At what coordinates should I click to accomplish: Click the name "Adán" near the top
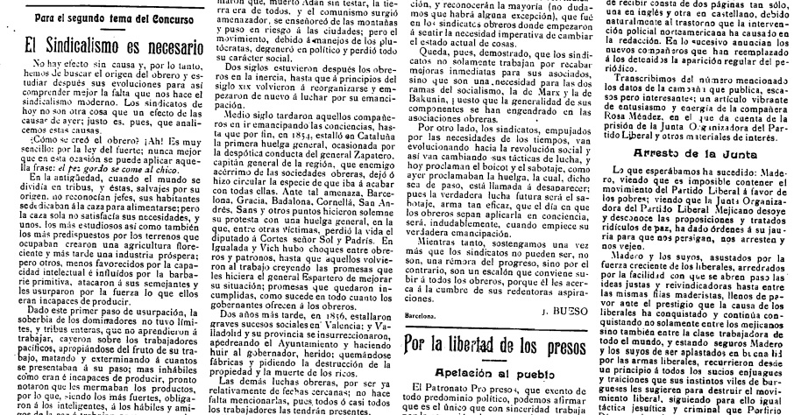(276, 4)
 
